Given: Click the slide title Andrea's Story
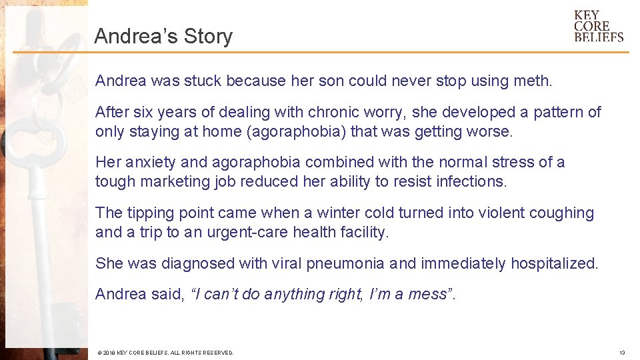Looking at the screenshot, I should (x=163, y=36).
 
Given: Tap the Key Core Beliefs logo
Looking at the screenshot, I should (x=598, y=26).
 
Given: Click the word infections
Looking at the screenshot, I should (x=471, y=182).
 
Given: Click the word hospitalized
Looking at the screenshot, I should (x=553, y=263).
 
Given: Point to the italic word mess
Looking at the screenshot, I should (x=427, y=294).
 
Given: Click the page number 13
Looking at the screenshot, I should (x=621, y=353).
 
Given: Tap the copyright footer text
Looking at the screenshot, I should (x=165, y=353).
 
